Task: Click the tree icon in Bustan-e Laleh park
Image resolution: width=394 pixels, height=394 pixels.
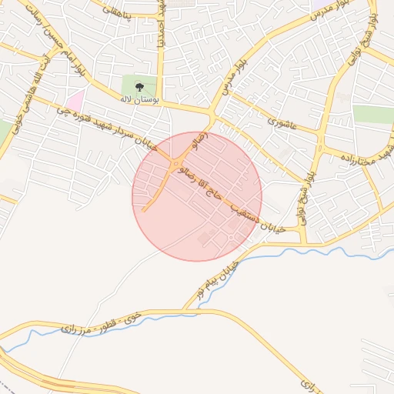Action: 139,86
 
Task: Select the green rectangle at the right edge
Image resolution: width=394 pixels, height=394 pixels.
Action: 373,115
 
